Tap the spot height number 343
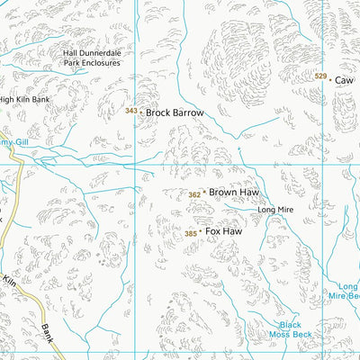click(131, 112)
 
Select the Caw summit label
click(344, 80)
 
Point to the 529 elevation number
click(320, 76)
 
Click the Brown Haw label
click(233, 193)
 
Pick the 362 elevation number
click(194, 194)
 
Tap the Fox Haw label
click(224, 231)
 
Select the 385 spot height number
click(190, 234)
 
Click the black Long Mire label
click(275, 210)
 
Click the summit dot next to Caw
click(330, 80)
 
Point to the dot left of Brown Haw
click(204, 193)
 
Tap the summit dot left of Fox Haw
click(201, 232)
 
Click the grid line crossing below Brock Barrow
click(135, 166)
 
